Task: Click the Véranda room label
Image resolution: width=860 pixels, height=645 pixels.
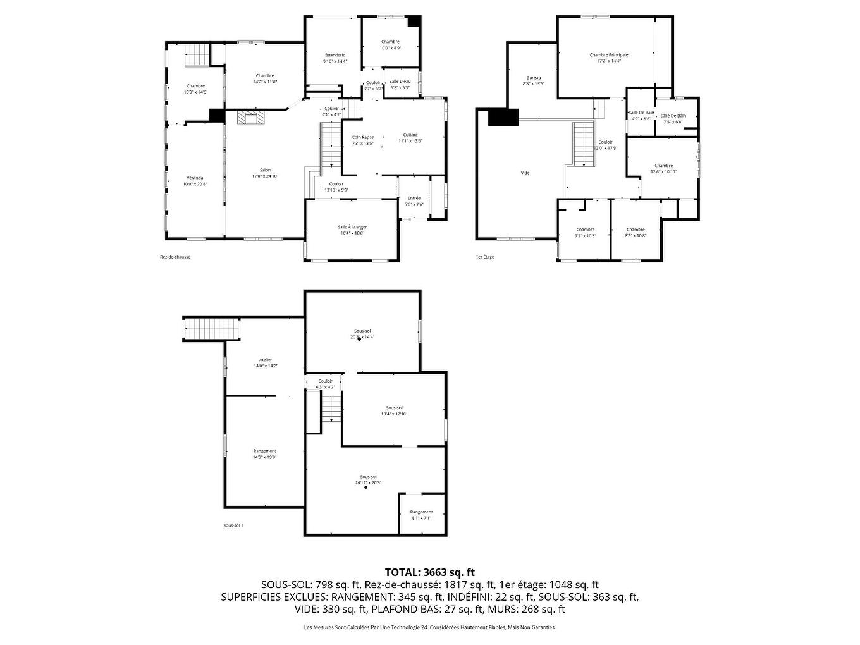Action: (x=195, y=178)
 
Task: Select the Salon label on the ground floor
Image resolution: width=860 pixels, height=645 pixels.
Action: (x=265, y=170)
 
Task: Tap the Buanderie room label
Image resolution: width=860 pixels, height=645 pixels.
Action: (x=335, y=55)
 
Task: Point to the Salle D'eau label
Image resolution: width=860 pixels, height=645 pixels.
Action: (x=400, y=82)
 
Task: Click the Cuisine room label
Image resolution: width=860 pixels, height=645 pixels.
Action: (x=410, y=135)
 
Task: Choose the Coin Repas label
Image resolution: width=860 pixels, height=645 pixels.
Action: (x=363, y=137)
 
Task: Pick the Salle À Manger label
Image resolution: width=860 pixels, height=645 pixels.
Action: (x=352, y=227)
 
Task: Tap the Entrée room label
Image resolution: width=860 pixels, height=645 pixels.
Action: (x=414, y=198)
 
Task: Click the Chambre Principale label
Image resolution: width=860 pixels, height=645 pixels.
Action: (x=608, y=55)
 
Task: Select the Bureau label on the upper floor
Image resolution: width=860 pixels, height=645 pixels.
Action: (x=533, y=78)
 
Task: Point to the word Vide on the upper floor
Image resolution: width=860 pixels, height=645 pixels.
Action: (x=525, y=173)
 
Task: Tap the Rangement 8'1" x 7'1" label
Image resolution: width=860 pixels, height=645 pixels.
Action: (x=421, y=512)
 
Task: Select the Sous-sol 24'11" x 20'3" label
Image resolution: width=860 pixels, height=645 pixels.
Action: (x=368, y=477)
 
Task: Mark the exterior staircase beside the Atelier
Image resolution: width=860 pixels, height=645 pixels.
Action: (x=212, y=329)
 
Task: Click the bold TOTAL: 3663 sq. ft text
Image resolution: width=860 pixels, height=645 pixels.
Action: (x=429, y=572)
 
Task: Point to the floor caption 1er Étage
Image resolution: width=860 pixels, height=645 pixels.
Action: (x=485, y=257)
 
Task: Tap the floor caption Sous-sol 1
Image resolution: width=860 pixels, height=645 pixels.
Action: (x=233, y=525)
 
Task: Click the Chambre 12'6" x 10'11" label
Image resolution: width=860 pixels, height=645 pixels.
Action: (x=663, y=166)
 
